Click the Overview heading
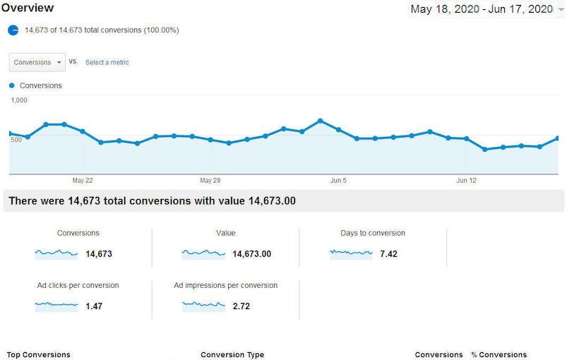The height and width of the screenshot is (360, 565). click(x=28, y=8)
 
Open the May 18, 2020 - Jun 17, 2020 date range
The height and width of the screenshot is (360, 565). click(x=481, y=9)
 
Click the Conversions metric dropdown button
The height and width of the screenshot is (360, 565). click(x=37, y=62)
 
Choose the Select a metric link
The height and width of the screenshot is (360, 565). click(x=107, y=62)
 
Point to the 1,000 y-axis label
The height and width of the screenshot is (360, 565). click(x=19, y=100)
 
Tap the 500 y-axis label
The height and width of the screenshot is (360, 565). click(x=17, y=139)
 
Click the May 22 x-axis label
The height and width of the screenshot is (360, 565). click(x=83, y=181)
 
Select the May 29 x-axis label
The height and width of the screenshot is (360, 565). click(x=210, y=181)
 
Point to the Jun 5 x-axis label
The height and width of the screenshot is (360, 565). click(x=338, y=181)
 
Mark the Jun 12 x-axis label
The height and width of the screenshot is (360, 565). click(x=466, y=181)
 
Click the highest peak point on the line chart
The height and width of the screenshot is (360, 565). click(x=320, y=121)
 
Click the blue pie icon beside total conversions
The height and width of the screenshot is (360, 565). click(x=13, y=30)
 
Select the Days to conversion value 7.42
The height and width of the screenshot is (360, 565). click(x=388, y=254)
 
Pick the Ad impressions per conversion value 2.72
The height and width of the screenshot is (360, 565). click(x=242, y=306)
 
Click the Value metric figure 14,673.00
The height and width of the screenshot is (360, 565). click(x=252, y=254)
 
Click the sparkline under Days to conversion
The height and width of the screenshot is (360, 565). click(x=350, y=253)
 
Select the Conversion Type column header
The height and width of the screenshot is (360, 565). click(x=232, y=354)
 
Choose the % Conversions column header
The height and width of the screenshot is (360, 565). click(x=499, y=354)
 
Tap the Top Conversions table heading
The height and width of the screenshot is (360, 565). click(x=38, y=354)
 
